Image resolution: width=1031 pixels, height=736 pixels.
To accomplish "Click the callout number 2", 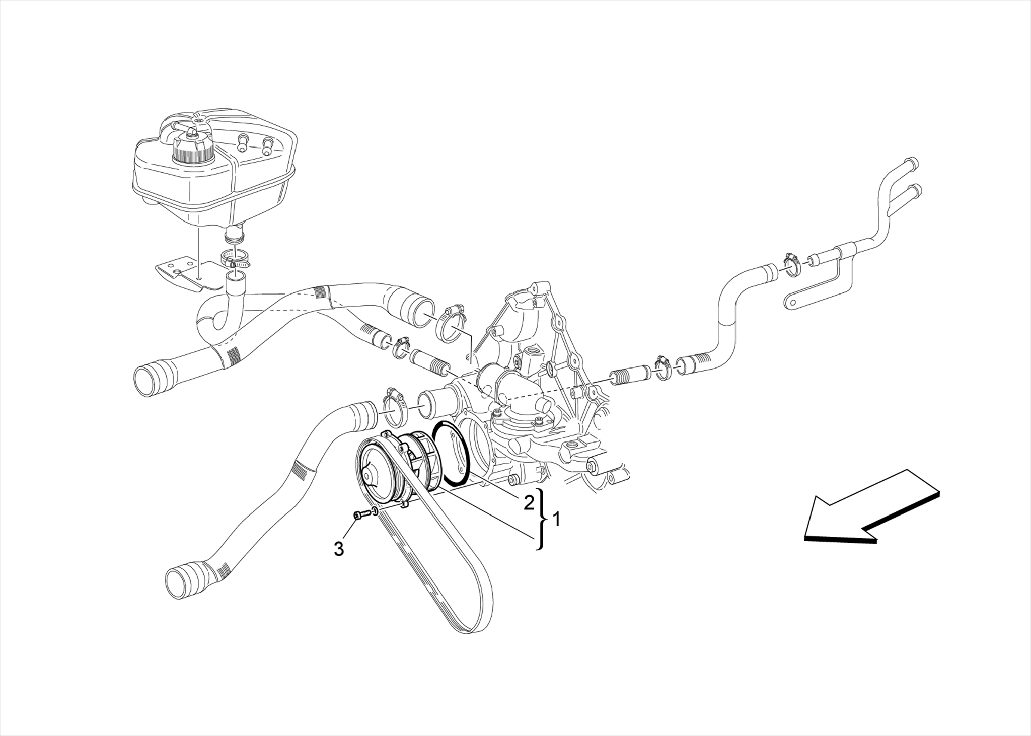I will (528, 502).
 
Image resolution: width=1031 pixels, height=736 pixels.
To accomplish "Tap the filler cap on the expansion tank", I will (193, 146).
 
